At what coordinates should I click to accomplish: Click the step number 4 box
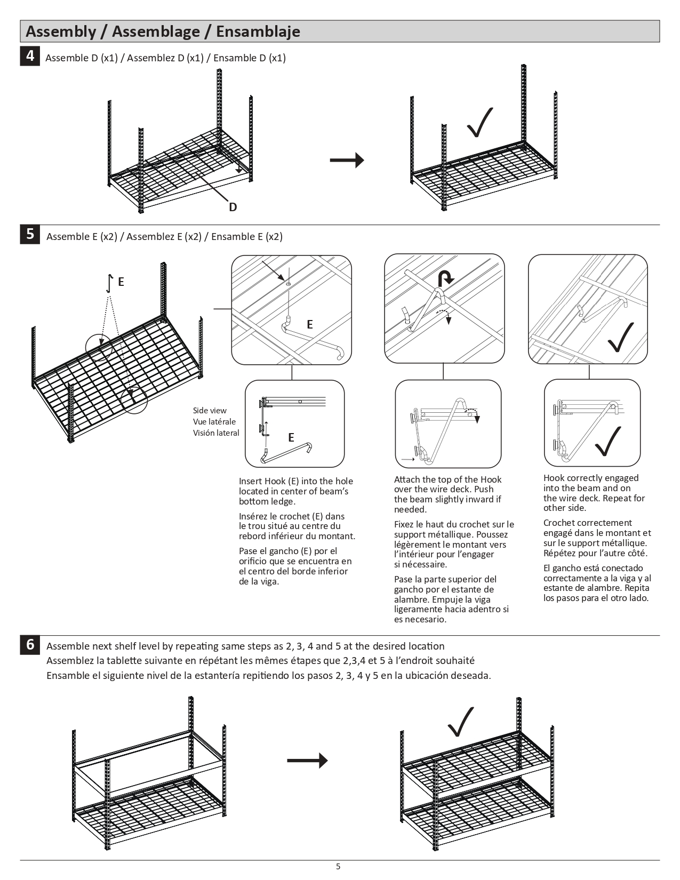click(30, 56)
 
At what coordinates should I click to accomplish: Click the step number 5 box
click(30, 234)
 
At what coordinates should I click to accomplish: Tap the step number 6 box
click(30, 645)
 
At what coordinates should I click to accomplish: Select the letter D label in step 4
click(233, 207)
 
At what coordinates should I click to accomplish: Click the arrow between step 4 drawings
click(347, 160)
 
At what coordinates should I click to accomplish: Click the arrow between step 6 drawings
click(307, 760)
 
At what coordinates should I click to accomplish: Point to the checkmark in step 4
click(479, 123)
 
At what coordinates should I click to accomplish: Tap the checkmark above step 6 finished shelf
click(461, 722)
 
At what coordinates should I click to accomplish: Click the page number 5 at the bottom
click(338, 867)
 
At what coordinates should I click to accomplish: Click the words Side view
click(210, 411)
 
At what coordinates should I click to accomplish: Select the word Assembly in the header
click(60, 31)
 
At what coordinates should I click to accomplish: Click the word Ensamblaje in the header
click(258, 31)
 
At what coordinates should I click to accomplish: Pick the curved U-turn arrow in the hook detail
click(445, 277)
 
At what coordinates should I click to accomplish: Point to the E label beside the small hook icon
click(121, 282)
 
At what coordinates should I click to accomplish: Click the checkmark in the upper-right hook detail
click(620, 338)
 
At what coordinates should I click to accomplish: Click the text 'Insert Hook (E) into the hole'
click(295, 481)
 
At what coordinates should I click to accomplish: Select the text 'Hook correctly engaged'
click(590, 478)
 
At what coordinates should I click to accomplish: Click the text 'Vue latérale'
click(214, 422)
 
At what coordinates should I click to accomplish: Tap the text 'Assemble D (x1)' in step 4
click(81, 58)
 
